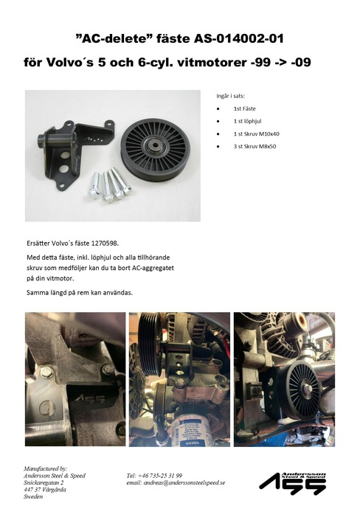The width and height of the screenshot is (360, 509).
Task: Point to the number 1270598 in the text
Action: (x=101, y=242)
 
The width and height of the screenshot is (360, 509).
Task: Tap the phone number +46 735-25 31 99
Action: (x=155, y=476)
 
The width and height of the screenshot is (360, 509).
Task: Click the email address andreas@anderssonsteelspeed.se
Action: (x=176, y=483)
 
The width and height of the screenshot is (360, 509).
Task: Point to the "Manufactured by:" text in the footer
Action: (x=46, y=468)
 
